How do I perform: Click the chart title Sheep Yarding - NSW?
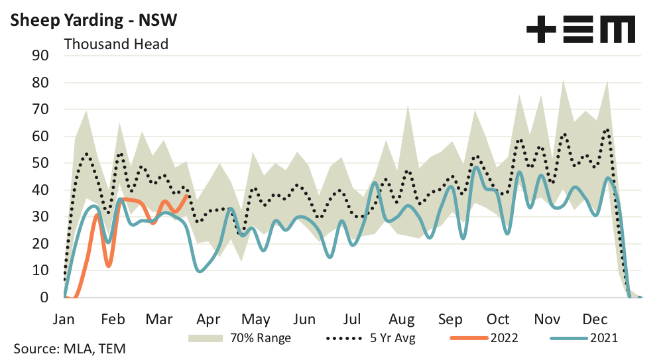click(91, 21)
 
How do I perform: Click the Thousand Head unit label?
click(115, 44)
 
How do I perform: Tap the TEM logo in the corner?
click(581, 30)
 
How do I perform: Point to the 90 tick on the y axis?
click(41, 56)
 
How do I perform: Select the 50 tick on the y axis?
click(41, 163)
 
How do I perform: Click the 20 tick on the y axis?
click(41, 244)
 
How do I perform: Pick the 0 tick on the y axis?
click(45, 298)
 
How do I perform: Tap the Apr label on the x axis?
click(208, 318)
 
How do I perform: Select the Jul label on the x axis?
click(352, 318)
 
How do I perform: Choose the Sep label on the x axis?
click(450, 318)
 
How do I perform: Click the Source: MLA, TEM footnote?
click(69, 348)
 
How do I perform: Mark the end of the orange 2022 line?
click(188, 196)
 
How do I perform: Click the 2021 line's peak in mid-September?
click(475, 166)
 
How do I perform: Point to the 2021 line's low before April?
click(200, 270)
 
